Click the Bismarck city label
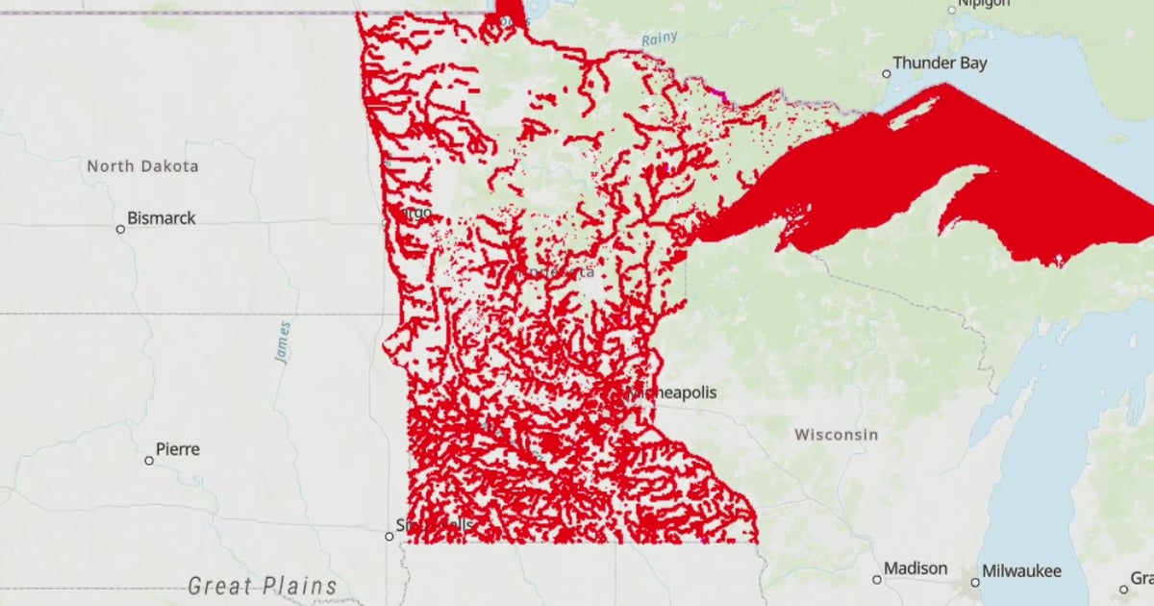(x=161, y=218)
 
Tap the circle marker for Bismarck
(x=120, y=229)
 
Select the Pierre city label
(x=178, y=449)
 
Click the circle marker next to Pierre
(x=149, y=461)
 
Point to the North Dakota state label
(x=142, y=166)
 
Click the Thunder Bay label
(x=940, y=63)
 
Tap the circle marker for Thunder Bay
(x=887, y=74)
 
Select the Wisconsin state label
(x=836, y=435)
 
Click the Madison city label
(x=916, y=568)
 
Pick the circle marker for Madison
(x=877, y=580)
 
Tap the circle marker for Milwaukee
(x=975, y=582)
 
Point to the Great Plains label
(x=263, y=586)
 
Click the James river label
(x=282, y=342)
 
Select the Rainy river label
(x=659, y=39)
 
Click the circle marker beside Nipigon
(x=952, y=11)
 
